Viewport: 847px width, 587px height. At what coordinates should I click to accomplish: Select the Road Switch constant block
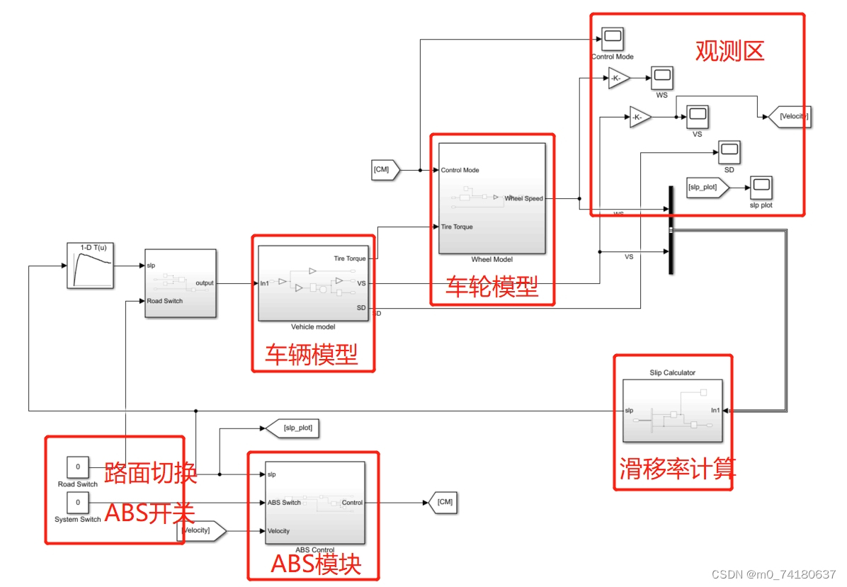point(77,467)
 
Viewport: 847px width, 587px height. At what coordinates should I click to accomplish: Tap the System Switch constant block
point(77,503)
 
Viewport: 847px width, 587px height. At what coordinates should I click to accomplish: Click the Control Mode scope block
point(612,38)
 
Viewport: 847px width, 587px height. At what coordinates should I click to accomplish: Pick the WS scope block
point(661,78)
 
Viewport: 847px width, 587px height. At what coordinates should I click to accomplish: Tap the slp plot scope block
point(761,188)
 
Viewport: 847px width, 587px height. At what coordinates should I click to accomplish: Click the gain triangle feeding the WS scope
point(618,79)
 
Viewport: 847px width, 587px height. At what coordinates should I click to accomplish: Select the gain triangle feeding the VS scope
point(639,118)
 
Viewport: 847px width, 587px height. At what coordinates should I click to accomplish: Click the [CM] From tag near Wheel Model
point(385,170)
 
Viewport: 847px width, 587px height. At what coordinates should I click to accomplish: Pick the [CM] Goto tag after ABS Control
point(443,502)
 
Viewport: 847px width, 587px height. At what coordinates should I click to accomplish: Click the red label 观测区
point(729,51)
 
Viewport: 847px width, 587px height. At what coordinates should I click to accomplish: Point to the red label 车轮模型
point(491,287)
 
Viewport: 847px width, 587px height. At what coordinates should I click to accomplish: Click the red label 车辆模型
point(312,354)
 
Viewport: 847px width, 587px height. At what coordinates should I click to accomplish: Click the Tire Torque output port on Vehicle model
point(350,258)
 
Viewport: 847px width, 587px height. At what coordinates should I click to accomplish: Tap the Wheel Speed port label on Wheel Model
point(523,198)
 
